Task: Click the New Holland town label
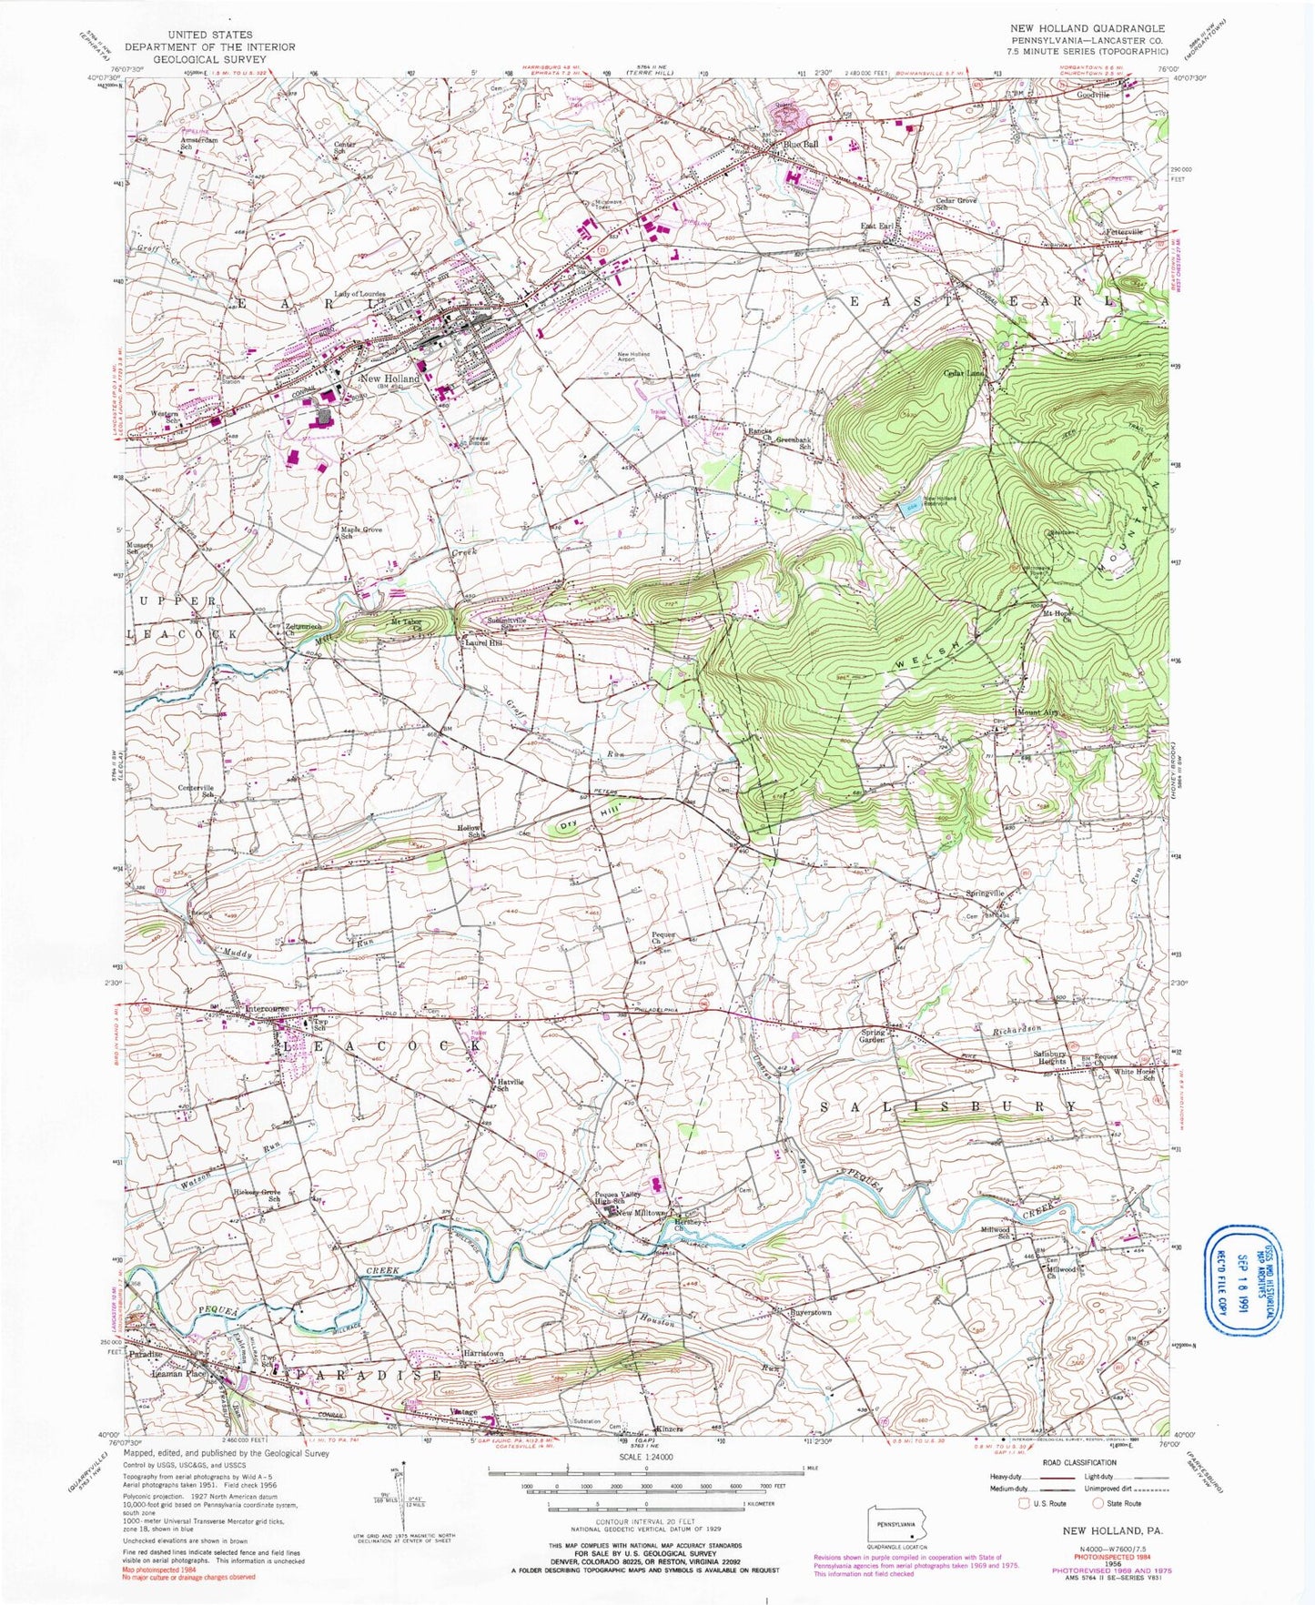pyautogui.click(x=389, y=379)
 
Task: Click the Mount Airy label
pyautogui.click(x=1038, y=712)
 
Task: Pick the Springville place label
pyautogui.click(x=985, y=893)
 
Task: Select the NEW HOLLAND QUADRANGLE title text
pyautogui.click(x=1087, y=29)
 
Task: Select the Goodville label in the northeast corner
pyautogui.click(x=1094, y=95)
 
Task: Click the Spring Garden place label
pyautogui.click(x=873, y=1035)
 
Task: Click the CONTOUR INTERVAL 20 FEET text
pyautogui.click(x=644, y=1521)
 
